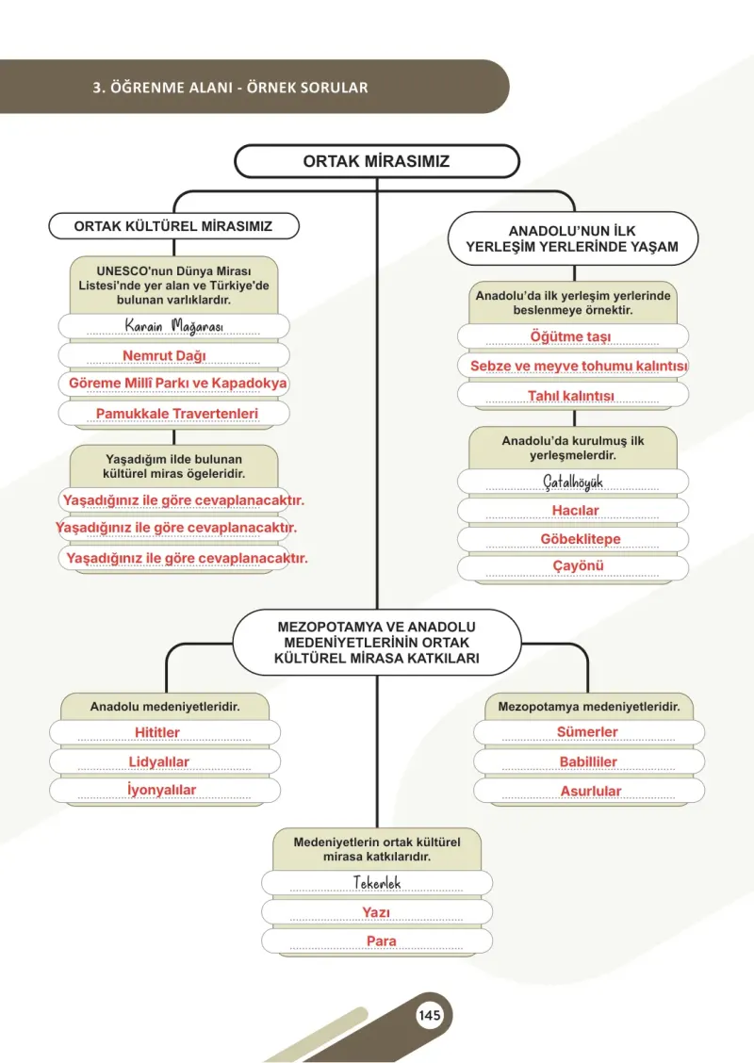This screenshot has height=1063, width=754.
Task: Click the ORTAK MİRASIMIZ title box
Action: tap(377, 161)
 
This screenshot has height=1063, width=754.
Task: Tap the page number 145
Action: tap(429, 1015)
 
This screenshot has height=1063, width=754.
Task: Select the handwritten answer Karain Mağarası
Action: tap(173, 326)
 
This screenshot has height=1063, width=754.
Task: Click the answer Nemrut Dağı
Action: tap(164, 355)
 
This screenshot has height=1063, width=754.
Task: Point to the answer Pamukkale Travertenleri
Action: tap(177, 414)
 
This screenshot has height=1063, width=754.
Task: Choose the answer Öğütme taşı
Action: tap(570, 336)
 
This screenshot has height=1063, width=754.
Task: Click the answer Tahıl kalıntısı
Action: tap(571, 395)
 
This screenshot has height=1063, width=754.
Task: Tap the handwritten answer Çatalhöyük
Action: tap(573, 482)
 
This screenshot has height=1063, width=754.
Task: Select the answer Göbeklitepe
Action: tap(581, 538)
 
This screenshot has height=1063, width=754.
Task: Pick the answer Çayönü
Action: tap(578, 565)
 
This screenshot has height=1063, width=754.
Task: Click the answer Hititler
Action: tap(157, 732)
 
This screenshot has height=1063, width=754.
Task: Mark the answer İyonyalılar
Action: tap(161, 789)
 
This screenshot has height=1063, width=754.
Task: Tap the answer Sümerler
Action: tap(587, 731)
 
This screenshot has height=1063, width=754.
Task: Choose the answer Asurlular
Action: tap(591, 791)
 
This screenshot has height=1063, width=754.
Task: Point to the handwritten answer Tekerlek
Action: tap(377, 883)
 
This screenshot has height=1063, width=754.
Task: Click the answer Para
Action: tap(381, 941)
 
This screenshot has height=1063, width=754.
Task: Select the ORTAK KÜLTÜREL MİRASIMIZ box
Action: tap(173, 226)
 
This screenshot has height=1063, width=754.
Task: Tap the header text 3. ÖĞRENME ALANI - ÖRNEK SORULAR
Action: tap(231, 88)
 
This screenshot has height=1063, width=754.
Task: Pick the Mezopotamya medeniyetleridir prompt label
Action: tap(588, 707)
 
